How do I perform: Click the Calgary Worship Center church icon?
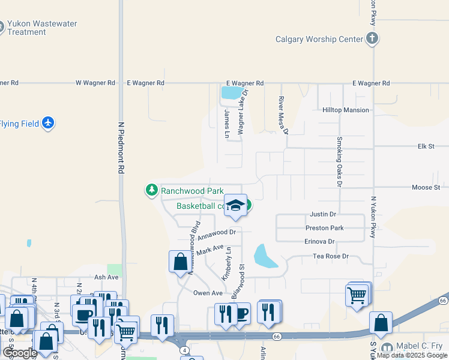pyautogui.click(x=372, y=40)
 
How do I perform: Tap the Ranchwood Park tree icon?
pyautogui.click(x=152, y=191)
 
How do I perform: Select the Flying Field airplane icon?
pyautogui.click(x=49, y=124)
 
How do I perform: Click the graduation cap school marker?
pyautogui.click(x=236, y=206)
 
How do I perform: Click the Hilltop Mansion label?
pyautogui.click(x=345, y=110)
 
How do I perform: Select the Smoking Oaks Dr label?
pyautogui.click(x=339, y=162)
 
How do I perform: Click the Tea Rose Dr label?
pyautogui.click(x=331, y=257)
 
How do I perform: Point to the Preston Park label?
pyautogui.click(x=324, y=228)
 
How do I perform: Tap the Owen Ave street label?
pyautogui.click(x=208, y=293)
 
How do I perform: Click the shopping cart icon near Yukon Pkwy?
pyautogui.click(x=357, y=295)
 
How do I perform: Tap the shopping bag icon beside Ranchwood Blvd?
pyautogui.click(x=180, y=262)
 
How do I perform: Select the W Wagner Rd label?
pyautogui.click(x=95, y=83)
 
